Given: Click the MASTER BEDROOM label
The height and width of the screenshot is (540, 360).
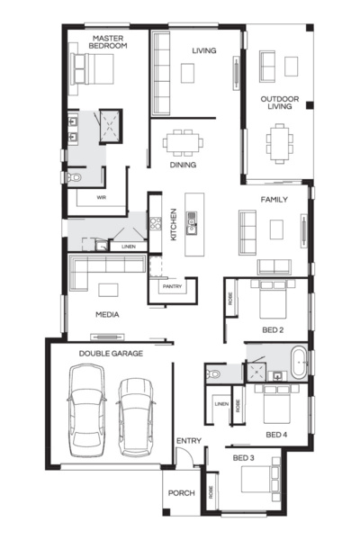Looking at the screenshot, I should [108, 40].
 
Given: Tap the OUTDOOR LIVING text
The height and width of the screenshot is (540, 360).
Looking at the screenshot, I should [280, 102].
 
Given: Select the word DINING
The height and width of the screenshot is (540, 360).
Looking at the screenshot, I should [183, 165].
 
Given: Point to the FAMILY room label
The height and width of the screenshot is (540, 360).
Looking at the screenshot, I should [274, 198].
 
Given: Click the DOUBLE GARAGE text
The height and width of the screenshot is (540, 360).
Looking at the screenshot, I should [111, 354].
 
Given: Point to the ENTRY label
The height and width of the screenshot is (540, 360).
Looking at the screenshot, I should [189, 440].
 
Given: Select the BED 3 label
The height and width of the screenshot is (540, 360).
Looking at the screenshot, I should [244, 458].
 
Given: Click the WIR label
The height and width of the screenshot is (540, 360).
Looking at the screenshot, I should [102, 196].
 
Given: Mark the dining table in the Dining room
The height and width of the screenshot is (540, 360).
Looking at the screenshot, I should [183, 141].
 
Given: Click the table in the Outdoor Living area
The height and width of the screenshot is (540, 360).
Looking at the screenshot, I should [280, 139].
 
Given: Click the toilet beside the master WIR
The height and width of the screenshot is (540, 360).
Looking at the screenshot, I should [74, 179].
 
